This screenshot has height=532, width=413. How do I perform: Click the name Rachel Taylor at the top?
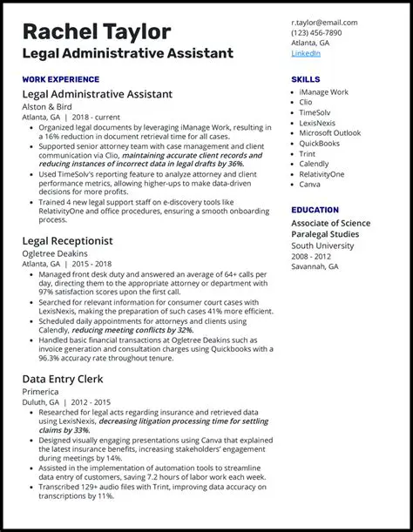(x=97, y=31)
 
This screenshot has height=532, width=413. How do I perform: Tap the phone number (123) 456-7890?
(x=316, y=32)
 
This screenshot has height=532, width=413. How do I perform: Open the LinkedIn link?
(x=306, y=53)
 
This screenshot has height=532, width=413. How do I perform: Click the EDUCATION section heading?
(x=315, y=210)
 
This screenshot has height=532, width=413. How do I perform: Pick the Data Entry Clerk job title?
(x=64, y=380)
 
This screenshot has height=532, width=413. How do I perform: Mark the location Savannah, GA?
(x=315, y=266)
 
